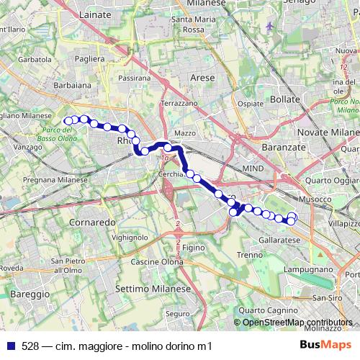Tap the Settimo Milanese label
[152, 288]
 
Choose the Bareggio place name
[30, 294]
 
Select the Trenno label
[250, 254]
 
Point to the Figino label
[194, 247]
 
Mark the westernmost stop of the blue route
[68, 120]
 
